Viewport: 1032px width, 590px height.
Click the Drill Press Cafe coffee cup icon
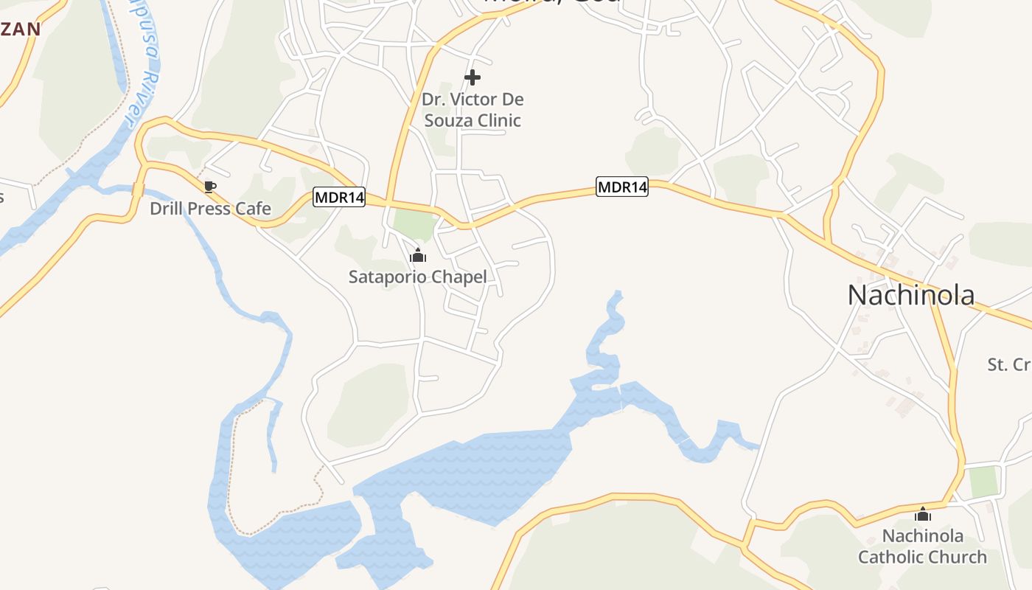pos(209,187)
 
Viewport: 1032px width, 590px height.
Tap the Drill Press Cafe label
pos(210,209)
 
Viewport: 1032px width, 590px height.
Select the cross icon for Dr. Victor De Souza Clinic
pos(473,77)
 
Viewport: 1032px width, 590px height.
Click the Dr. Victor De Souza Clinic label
pos(473,109)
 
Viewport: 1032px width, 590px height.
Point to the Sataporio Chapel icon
pos(418,256)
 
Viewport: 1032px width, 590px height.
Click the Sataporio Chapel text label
pos(418,277)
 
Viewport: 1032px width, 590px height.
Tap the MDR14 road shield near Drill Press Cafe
pos(339,198)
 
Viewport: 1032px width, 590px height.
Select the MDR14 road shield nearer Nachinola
pos(622,187)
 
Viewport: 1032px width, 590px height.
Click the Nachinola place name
pos(911,295)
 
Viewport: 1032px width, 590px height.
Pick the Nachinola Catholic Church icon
pos(923,514)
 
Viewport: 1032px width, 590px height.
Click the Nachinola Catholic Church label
pos(922,546)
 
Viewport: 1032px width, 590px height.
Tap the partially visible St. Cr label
pos(1009,364)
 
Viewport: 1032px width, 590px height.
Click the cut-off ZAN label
pos(20,29)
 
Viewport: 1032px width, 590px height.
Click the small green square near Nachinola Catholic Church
pos(983,482)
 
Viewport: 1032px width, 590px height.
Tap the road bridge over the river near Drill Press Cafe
pos(138,190)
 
